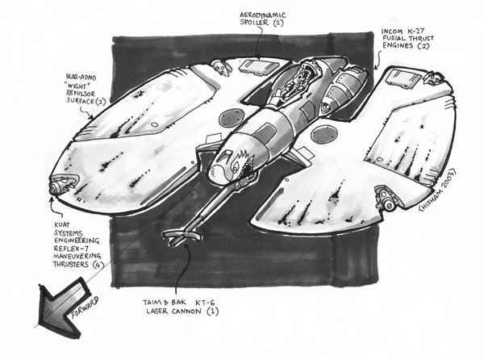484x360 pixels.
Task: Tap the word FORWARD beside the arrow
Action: pos(85,308)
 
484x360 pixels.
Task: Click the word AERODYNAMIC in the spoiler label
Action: pos(263,15)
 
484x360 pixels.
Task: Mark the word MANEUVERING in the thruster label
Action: pos(77,257)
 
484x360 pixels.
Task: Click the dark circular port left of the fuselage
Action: pos(231,117)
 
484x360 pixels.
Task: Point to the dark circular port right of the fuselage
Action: pos(324,134)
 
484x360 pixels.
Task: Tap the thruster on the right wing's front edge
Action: pos(386,198)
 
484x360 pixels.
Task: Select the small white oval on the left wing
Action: pos(154,124)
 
